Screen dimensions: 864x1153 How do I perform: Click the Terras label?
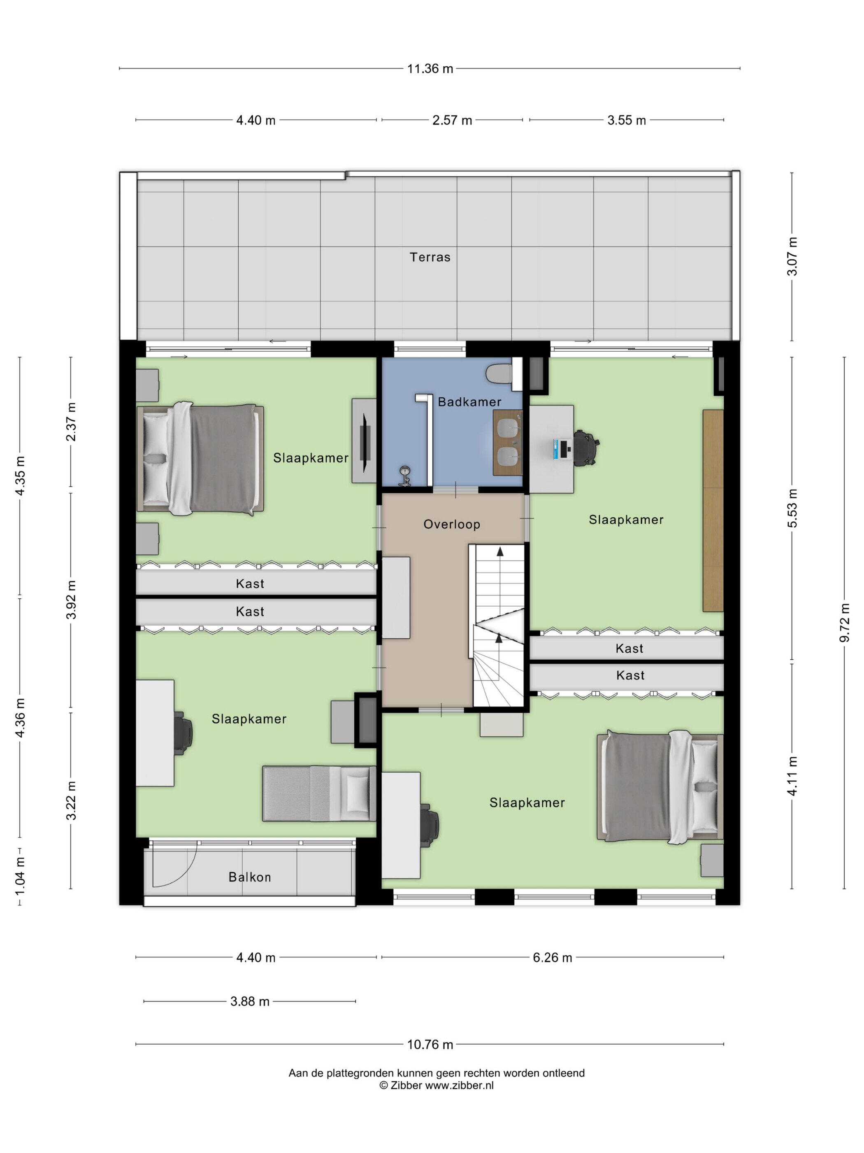[430, 257]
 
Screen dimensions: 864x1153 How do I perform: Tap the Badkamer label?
[469, 402]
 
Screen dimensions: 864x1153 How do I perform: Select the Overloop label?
[451, 524]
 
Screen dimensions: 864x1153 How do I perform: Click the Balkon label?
[249, 877]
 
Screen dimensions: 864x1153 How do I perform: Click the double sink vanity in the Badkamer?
[508, 443]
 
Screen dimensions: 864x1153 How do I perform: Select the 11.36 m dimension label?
[430, 69]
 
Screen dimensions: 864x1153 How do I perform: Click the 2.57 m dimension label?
[452, 120]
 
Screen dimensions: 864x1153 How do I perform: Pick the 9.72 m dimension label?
[845, 623]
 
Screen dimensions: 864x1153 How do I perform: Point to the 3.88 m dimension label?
[250, 1001]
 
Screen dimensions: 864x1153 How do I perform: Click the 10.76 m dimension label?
[430, 1045]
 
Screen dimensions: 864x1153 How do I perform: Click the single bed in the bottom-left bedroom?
[319, 794]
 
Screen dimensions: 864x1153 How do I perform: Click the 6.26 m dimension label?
[552, 957]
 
